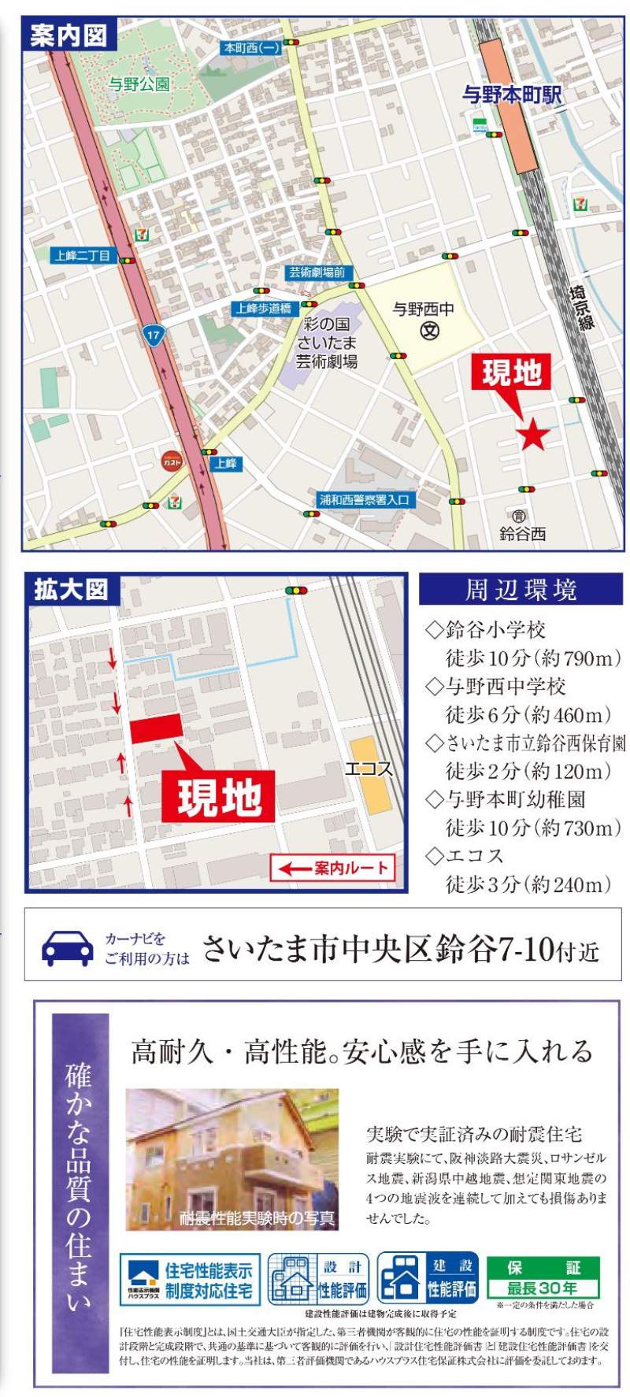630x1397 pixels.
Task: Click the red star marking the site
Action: point(533,435)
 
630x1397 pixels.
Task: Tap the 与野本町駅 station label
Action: point(512,95)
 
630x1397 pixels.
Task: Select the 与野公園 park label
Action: point(139,83)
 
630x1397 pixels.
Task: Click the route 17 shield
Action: point(153,335)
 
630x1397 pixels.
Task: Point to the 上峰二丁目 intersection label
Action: point(82,255)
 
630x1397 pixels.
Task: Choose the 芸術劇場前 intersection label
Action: point(316,272)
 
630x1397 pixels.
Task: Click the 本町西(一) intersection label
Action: point(251,48)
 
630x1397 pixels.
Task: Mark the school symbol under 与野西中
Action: point(428,330)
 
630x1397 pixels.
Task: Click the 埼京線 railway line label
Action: point(582,306)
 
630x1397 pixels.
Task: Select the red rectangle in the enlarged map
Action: point(156,728)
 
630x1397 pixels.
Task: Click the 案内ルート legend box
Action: point(332,868)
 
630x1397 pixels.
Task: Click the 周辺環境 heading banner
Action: point(521,589)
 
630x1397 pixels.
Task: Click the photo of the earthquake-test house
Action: point(232,1158)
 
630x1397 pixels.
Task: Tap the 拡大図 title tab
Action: point(71,589)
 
